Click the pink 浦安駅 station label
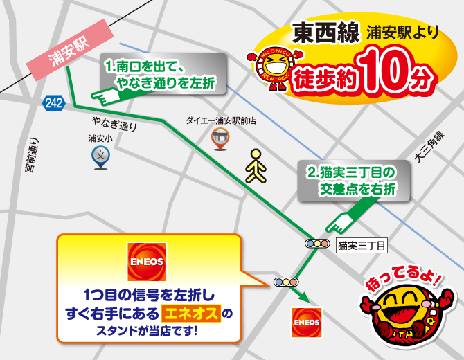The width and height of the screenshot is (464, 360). [x=69, y=53]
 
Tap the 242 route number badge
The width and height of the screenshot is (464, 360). [x=52, y=103]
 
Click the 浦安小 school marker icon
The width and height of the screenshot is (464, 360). [x=100, y=158]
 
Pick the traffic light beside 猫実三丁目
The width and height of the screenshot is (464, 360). [x=318, y=244]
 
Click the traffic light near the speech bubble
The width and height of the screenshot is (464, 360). [x=285, y=282]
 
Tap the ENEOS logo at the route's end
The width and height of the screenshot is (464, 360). [x=306, y=322]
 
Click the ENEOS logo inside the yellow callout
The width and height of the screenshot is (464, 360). [x=147, y=262]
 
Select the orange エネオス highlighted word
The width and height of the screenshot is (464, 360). [x=190, y=313]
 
